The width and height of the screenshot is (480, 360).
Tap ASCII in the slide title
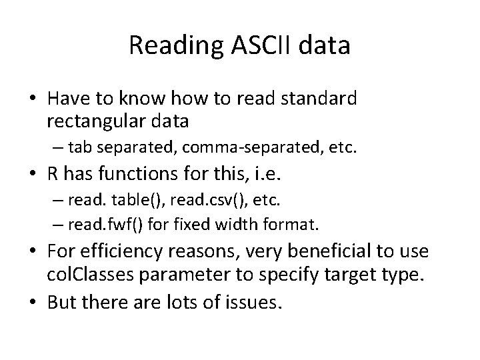click(x=251, y=45)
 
